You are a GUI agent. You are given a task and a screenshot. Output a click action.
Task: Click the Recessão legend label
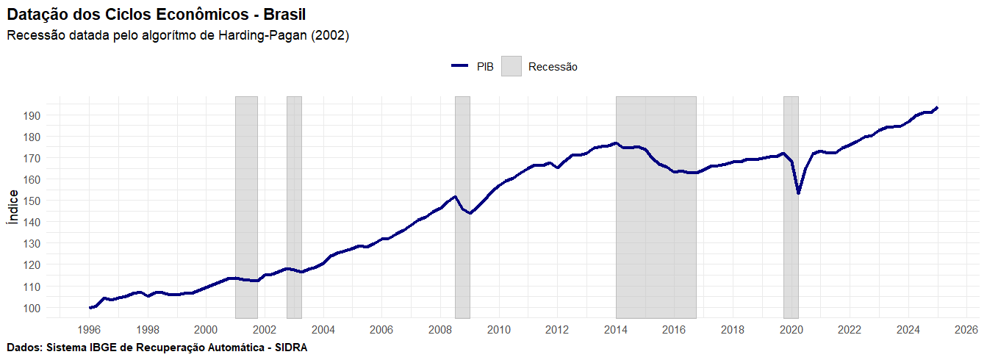click(x=553, y=67)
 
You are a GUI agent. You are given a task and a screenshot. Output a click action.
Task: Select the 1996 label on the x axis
click(x=89, y=329)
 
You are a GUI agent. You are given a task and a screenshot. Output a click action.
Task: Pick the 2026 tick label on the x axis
click(x=966, y=329)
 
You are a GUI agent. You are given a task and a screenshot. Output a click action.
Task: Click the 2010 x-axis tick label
click(x=498, y=329)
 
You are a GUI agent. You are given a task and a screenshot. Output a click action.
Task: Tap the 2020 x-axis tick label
click(x=791, y=329)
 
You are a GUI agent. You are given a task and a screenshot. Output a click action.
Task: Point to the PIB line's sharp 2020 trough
click(x=798, y=193)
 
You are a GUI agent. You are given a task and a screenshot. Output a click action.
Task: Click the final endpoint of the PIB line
click(x=937, y=108)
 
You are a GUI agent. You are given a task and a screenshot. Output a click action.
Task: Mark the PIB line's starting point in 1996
click(x=90, y=308)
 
